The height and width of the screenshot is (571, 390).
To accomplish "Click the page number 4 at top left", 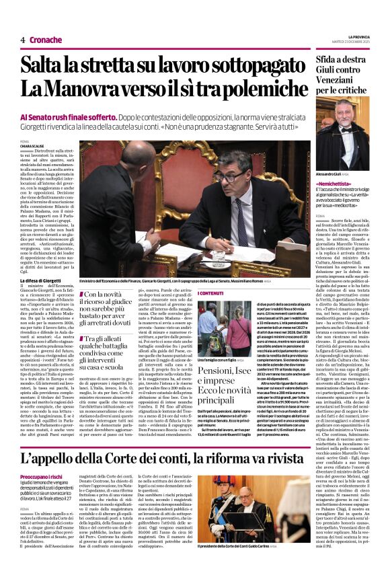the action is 23,40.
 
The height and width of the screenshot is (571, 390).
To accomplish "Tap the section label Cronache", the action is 46,40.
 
